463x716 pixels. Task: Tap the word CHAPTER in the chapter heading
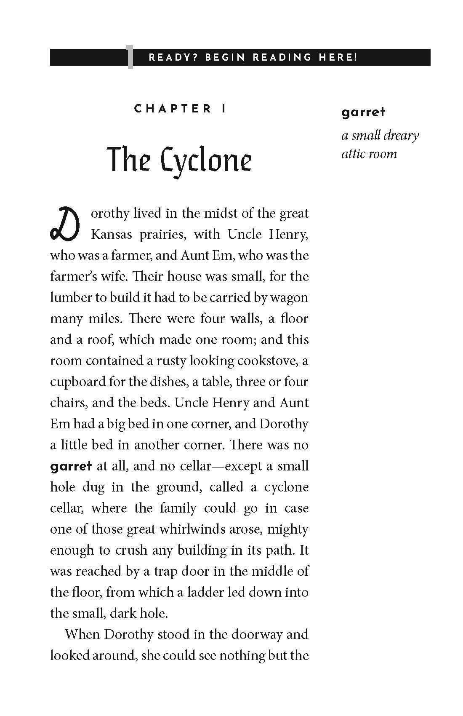173,109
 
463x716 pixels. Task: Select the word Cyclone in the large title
207,160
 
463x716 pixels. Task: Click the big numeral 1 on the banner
130,58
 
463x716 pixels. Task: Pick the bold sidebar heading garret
363,112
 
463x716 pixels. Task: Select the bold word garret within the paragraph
71,466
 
